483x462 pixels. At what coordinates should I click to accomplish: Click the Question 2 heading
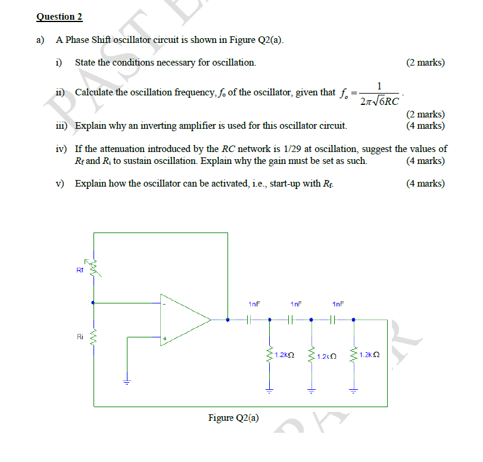pyautogui.click(x=59, y=17)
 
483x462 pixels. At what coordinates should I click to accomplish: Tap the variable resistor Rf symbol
pyautogui.click(x=92, y=270)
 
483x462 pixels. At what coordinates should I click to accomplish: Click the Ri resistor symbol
pyautogui.click(x=92, y=339)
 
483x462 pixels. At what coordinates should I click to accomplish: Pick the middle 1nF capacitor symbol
pyautogui.click(x=290, y=320)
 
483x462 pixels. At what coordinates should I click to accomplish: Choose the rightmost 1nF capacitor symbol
pyautogui.click(x=333, y=320)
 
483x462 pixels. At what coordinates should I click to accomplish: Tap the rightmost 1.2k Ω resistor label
pyautogui.click(x=370, y=355)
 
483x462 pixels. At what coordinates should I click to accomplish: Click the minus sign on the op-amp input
pyautogui.click(x=164, y=303)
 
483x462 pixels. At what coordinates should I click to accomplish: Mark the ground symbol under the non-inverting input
pyautogui.click(x=126, y=382)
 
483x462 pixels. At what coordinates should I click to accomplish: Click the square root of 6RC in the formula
pyautogui.click(x=384, y=101)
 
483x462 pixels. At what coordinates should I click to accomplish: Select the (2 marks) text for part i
pyautogui.click(x=425, y=63)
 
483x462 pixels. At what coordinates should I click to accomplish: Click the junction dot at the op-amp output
pyautogui.click(x=228, y=320)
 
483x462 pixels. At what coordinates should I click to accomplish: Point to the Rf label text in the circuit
pyautogui.click(x=80, y=269)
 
